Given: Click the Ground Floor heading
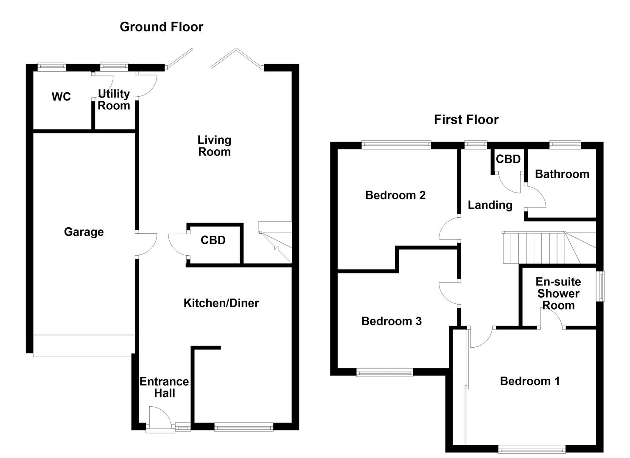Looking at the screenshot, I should click(x=161, y=27).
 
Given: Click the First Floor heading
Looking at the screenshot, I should click(x=466, y=120).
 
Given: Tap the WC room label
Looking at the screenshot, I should click(x=61, y=97).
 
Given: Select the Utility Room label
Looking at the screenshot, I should click(x=114, y=100).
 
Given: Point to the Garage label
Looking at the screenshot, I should click(x=84, y=232).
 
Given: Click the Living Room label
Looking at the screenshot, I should click(x=214, y=146).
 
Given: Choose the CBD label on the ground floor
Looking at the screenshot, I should click(x=213, y=240).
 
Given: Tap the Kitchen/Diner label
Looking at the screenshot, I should click(x=221, y=303).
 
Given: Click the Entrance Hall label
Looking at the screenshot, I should click(x=164, y=387).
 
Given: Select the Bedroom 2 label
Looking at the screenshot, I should click(x=395, y=195).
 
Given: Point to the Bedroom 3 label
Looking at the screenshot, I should click(x=391, y=321).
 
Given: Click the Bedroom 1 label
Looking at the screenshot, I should click(x=529, y=381).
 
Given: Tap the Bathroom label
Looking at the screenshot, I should click(x=562, y=174).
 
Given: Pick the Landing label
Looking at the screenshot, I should click(x=490, y=205).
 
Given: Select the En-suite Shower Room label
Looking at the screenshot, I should click(x=558, y=293).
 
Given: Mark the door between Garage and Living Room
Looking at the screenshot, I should click(x=146, y=245).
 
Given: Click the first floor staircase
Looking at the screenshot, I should click(x=547, y=248).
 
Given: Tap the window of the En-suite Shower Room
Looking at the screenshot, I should click(x=601, y=286).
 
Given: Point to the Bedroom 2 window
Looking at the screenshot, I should click(x=396, y=145).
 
